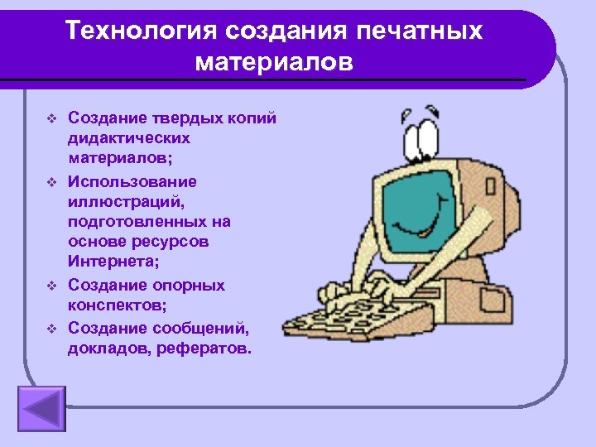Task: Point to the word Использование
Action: [x=132, y=180]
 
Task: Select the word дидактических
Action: [x=129, y=138]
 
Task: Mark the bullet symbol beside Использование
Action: [x=50, y=181]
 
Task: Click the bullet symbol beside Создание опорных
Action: [x=50, y=286]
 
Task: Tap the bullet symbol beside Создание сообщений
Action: [x=50, y=328]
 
